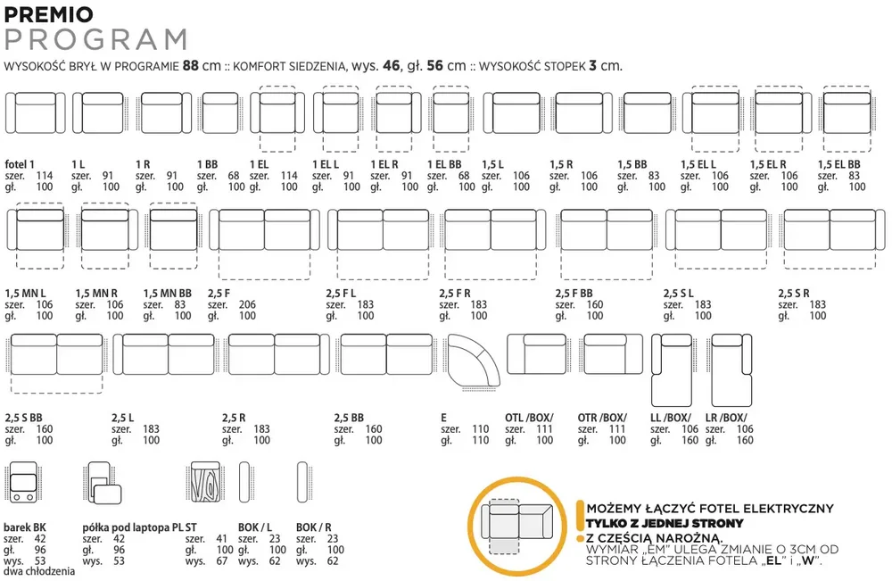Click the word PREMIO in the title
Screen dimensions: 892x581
pos(48,14)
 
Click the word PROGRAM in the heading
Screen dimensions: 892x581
pos(96,40)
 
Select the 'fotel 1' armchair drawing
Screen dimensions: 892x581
pos(36,113)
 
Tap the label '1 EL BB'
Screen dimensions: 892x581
pos(444,164)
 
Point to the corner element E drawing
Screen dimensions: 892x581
pos(474,362)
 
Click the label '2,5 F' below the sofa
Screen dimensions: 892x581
pos(219,294)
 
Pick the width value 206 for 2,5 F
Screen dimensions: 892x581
pos(247,305)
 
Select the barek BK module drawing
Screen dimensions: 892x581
pos(23,482)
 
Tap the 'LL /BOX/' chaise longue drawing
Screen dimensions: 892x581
pos(672,370)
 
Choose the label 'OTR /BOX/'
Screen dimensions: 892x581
pos(602,418)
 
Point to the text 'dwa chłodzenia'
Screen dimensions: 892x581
pos(39,571)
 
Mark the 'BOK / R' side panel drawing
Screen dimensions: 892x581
pos(302,482)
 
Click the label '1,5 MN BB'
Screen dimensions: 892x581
pos(168,294)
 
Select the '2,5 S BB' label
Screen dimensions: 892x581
pos(23,418)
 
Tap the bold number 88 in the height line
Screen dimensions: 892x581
pos(191,66)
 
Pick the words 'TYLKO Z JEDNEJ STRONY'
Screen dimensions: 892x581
pos(665,524)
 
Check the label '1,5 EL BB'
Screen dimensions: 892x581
pos(839,164)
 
